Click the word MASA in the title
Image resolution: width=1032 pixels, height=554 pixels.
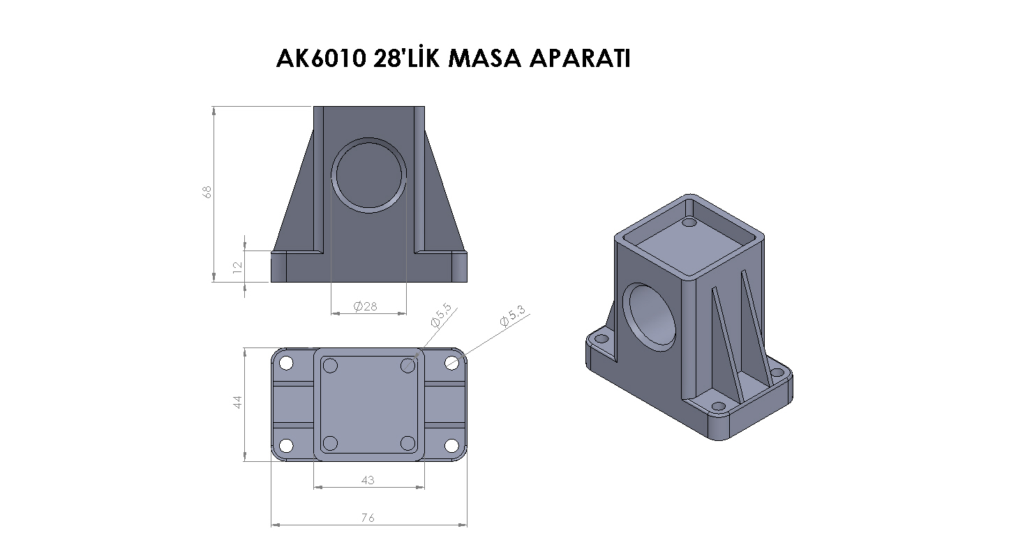coord(484,59)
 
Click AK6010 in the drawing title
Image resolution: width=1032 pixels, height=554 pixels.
coord(321,59)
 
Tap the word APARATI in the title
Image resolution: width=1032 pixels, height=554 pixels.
coord(580,59)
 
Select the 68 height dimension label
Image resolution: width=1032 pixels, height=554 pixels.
coord(207,192)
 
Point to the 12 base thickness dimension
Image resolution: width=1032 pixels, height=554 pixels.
coord(237,267)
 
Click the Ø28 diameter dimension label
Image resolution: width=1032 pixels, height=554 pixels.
coord(366,306)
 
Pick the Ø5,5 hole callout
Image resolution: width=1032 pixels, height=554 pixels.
coord(441,315)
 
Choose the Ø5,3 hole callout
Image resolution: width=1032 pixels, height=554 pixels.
coord(513,316)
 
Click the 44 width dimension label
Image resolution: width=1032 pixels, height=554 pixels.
coord(237,402)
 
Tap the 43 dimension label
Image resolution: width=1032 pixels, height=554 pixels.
coord(368,480)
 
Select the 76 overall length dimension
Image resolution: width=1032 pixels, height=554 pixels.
coord(368,518)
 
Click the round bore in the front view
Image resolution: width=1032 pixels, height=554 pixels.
coord(368,175)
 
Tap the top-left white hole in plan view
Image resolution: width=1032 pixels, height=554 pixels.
coord(286,364)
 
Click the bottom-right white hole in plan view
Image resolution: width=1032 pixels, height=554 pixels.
coord(451,445)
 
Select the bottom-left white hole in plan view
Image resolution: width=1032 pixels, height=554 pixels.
coord(286,445)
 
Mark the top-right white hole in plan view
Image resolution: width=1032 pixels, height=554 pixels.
coord(451,364)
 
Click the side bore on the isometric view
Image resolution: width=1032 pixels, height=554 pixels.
coord(650,317)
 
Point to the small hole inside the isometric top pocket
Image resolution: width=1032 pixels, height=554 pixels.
coord(689,223)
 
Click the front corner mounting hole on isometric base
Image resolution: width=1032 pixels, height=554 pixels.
coord(719,407)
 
